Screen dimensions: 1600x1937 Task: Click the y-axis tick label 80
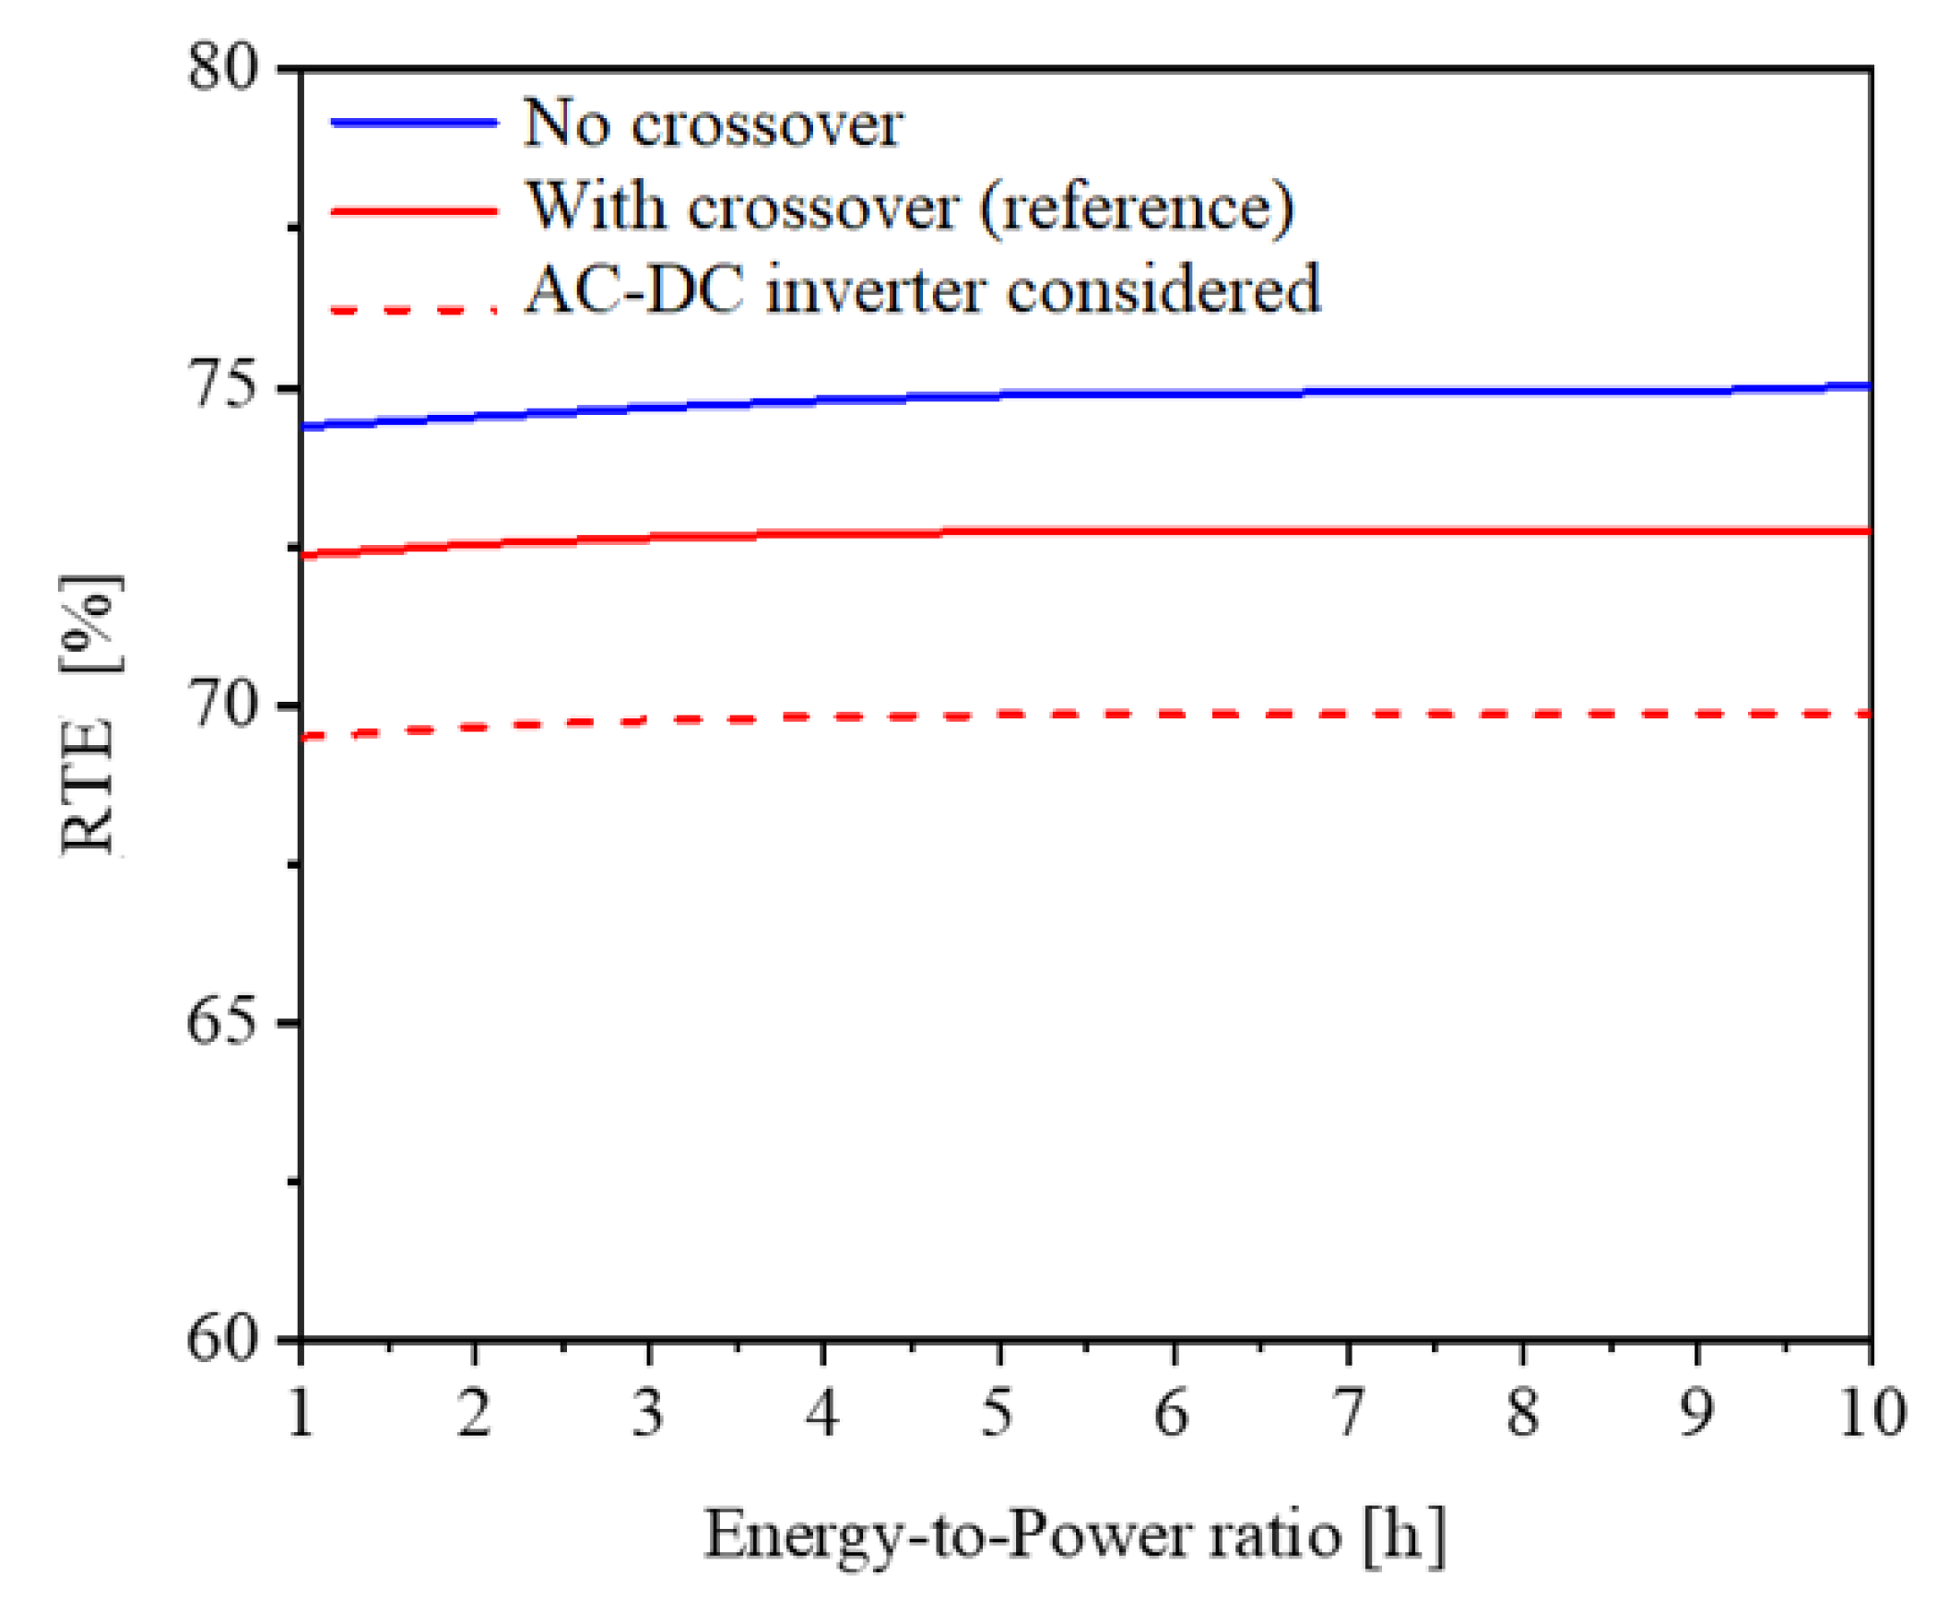click(220, 67)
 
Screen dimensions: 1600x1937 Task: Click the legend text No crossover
click(713, 124)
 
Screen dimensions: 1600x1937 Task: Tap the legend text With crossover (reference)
click(909, 207)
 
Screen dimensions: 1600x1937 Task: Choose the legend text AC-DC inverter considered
click(922, 290)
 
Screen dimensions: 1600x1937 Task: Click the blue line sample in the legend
click(414, 123)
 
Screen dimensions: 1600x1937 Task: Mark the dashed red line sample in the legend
click(414, 310)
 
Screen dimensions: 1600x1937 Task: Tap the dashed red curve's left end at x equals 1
click(304, 735)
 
